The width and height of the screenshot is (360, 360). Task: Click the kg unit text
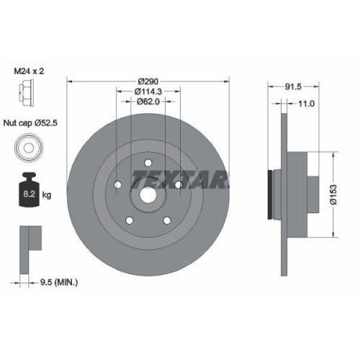point(48,194)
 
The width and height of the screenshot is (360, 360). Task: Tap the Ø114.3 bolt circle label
point(148,91)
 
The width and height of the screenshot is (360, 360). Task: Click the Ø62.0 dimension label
point(148,102)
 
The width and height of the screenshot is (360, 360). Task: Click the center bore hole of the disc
point(148,193)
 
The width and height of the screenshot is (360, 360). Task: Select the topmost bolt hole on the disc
point(148,162)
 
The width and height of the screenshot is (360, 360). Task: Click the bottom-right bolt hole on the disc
point(166,220)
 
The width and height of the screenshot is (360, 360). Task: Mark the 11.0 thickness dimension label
point(307,104)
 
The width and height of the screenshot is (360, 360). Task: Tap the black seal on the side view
point(270,194)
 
